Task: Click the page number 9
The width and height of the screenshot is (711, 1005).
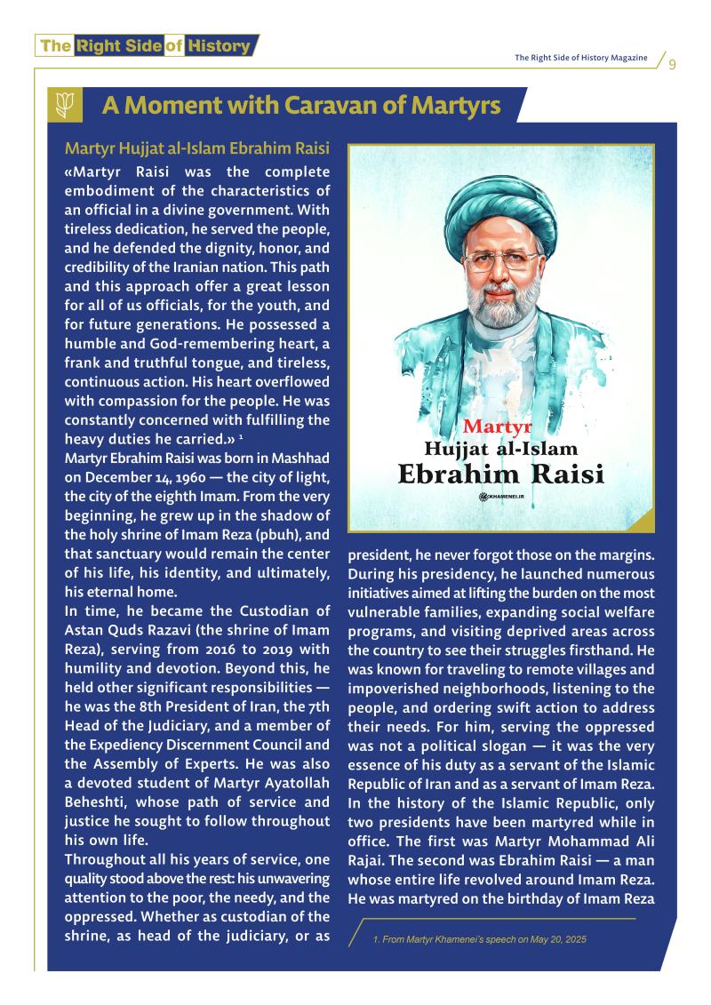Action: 672,64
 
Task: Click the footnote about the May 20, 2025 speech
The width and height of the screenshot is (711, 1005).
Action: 480,940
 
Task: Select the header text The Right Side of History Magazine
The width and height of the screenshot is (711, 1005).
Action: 580,59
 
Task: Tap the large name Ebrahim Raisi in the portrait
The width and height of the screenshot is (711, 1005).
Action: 500,473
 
